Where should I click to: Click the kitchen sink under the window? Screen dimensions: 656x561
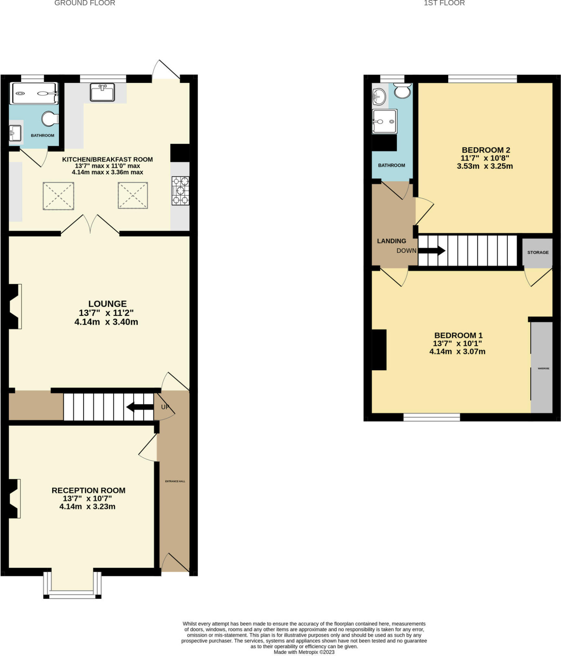pos(102,92)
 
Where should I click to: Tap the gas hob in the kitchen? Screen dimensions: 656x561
pos(180,190)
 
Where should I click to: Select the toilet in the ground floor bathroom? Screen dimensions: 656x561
pos(50,119)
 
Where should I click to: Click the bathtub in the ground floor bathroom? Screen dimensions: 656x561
pos(34,93)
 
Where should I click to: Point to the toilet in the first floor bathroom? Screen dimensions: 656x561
pos(402,91)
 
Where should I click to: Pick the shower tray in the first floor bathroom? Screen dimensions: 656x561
pos(385,121)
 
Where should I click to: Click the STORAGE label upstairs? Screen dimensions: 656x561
pos(538,252)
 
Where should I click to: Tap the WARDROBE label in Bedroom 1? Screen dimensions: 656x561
pos(544,368)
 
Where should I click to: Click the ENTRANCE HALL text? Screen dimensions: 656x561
pos(175,481)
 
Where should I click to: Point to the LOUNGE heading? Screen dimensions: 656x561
pos(107,304)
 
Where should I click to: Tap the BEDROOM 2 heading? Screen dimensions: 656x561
pos(486,150)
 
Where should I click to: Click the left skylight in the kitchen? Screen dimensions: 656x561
pos(58,196)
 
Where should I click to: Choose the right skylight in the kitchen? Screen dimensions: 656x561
pos(133,195)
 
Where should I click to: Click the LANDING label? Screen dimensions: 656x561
pos(391,241)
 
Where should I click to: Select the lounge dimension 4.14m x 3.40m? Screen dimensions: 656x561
pos(106,322)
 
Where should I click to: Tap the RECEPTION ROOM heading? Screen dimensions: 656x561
pos(88,490)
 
